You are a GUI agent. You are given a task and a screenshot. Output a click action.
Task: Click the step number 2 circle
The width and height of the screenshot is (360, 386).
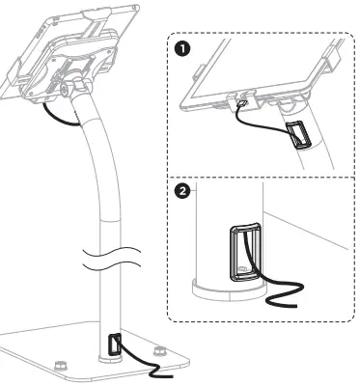pyautogui.click(x=180, y=191)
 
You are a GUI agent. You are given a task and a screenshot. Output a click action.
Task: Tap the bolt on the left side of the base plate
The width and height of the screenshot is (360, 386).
pyautogui.click(x=60, y=366)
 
